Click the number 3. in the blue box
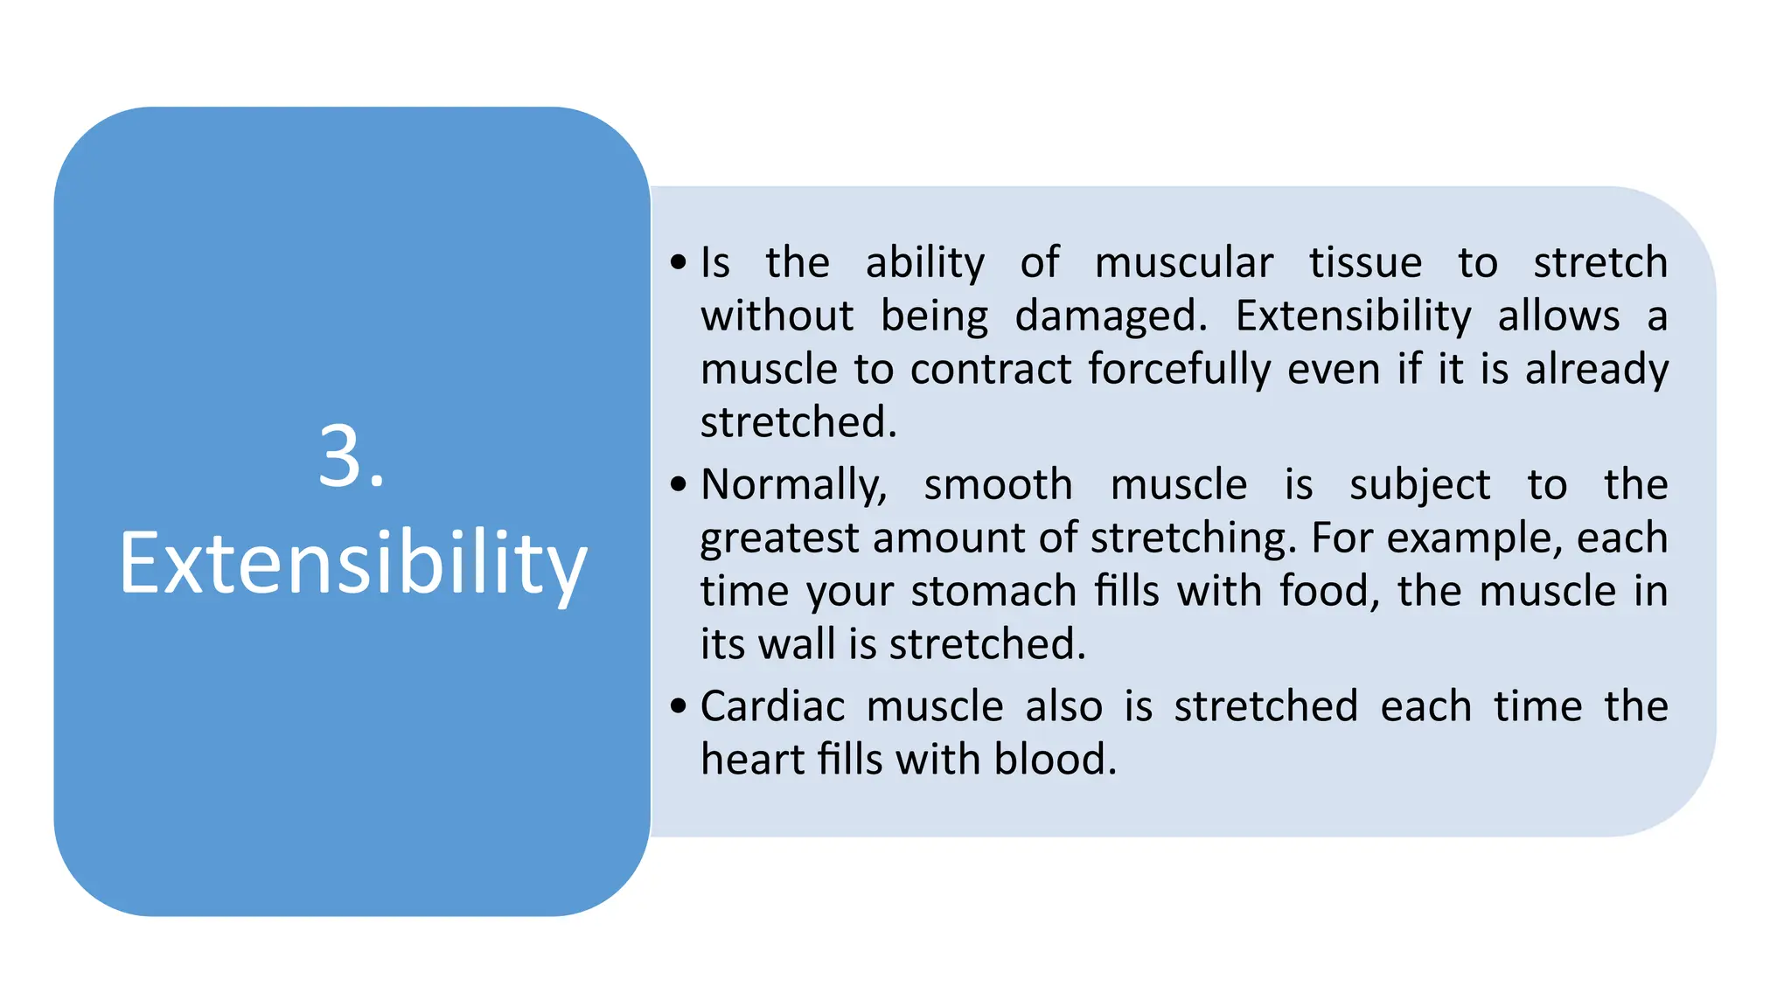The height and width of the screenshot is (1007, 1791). (351, 457)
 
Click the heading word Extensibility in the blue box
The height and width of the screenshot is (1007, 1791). (352, 564)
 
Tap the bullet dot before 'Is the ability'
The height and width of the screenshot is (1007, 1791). (679, 262)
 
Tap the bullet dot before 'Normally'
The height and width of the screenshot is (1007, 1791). (679, 484)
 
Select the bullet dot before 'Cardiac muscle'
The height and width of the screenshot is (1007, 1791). (679, 705)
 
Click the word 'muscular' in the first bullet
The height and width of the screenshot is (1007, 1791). (1183, 263)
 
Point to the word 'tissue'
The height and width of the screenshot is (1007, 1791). (1365, 263)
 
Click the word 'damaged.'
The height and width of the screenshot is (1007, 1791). (1111, 316)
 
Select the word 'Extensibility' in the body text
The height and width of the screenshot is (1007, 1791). (1353, 316)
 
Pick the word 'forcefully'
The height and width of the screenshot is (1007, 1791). (1179, 370)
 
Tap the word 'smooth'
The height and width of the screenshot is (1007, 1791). (998, 485)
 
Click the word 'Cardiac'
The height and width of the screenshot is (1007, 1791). (772, 706)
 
